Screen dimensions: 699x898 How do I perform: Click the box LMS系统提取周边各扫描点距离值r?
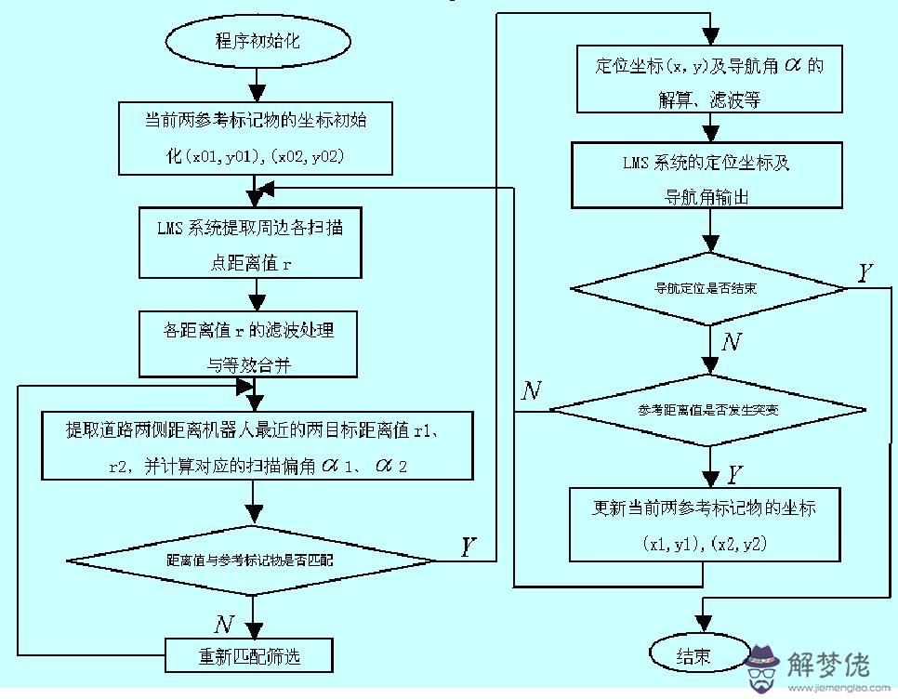(251, 244)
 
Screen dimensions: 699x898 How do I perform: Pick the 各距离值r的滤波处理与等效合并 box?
(248, 345)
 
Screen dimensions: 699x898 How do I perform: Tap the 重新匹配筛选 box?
(249, 656)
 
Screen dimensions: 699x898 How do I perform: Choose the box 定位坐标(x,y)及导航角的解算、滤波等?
(710, 81)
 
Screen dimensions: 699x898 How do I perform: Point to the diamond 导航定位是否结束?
(708, 288)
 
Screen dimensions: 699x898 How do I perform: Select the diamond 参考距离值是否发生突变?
(708, 410)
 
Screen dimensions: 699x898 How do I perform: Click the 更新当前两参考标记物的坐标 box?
(705, 525)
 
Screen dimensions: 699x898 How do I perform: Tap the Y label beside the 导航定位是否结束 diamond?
(865, 271)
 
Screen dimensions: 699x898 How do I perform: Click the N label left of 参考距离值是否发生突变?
(531, 390)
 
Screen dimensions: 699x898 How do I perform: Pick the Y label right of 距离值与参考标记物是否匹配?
(469, 547)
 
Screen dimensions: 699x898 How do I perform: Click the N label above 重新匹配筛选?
(223, 623)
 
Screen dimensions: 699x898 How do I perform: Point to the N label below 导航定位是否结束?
(733, 342)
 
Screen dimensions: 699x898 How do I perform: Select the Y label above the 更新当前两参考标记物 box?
(733, 475)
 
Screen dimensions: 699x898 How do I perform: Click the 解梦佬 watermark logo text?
(828, 663)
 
